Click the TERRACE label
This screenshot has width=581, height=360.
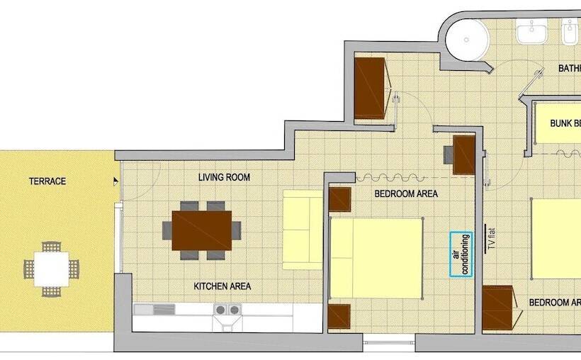click(47, 181)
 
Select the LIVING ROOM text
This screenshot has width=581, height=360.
click(224, 177)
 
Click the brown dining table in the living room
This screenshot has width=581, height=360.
click(202, 230)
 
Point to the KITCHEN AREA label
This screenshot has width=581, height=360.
click(222, 286)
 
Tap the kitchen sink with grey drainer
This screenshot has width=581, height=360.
click(154, 309)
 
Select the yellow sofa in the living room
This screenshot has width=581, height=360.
click(303, 229)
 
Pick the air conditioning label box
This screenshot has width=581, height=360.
click(461, 254)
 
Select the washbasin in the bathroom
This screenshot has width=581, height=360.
click(531, 32)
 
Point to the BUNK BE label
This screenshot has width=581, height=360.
click(565, 123)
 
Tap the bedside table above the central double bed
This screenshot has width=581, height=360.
click(340, 199)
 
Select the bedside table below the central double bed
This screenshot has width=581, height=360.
click(339, 317)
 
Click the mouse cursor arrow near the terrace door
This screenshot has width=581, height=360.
click(115, 181)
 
